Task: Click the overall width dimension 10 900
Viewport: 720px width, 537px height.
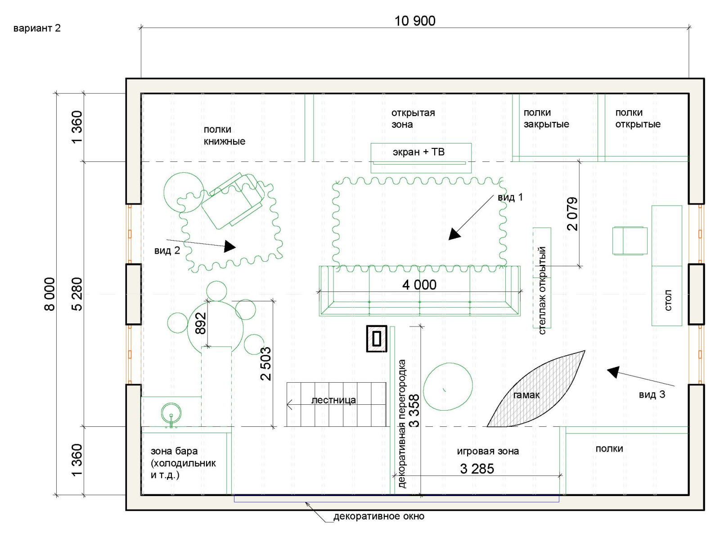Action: (414, 21)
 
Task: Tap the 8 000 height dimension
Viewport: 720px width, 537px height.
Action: (49, 294)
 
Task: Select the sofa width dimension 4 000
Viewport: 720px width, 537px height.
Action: (419, 285)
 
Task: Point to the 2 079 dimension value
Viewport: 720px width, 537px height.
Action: (572, 214)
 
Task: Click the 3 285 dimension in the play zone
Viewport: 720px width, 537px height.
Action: (477, 469)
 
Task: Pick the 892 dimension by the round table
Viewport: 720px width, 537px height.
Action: (200, 323)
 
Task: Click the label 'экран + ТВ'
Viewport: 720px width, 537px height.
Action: (418, 152)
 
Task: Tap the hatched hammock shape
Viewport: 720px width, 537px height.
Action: (536, 389)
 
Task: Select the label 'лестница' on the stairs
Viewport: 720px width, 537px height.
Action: (333, 400)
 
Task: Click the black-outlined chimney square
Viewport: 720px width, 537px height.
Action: (377, 339)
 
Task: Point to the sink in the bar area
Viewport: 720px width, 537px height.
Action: (171, 414)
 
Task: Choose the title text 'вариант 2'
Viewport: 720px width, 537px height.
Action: (37, 28)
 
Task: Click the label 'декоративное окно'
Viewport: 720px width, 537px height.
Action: (379, 516)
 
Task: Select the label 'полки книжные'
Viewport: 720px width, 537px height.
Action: (225, 135)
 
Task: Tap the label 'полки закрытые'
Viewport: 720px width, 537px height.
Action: (546, 118)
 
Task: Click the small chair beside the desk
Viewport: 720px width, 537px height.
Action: (630, 240)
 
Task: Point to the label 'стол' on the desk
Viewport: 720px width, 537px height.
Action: (668, 300)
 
